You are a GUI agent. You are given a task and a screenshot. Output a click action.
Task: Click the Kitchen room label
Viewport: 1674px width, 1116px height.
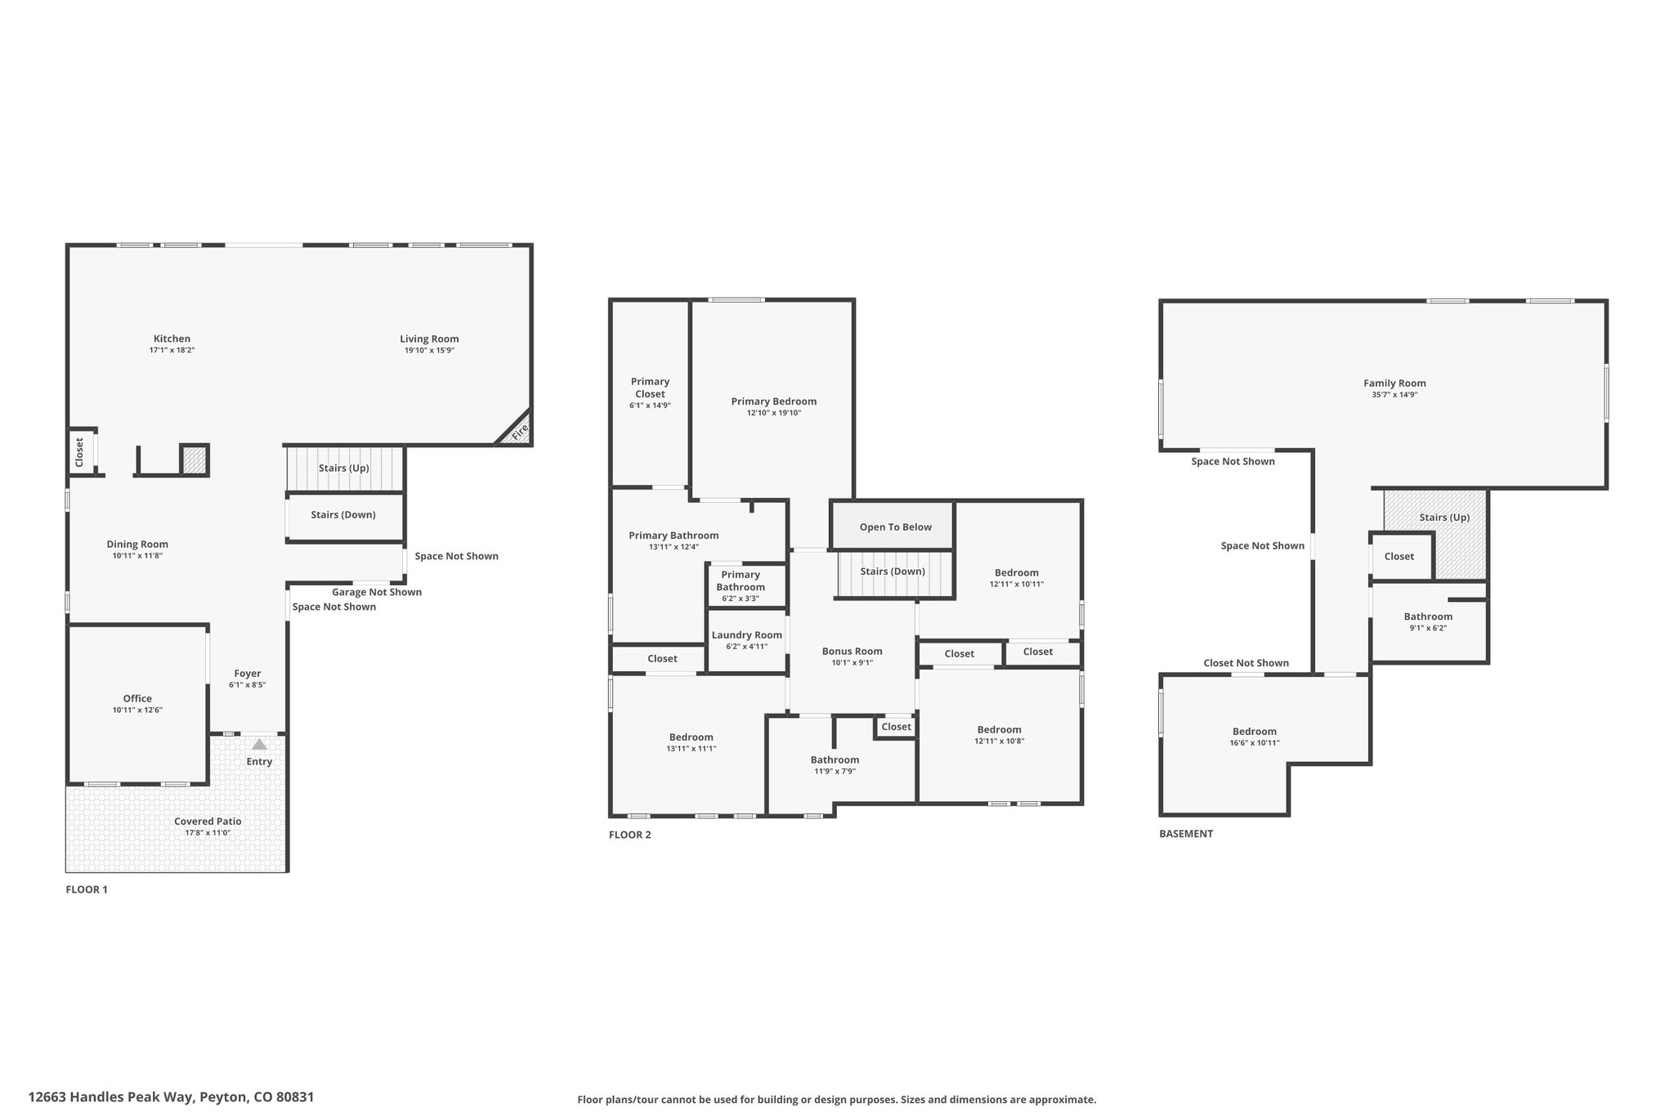(x=172, y=338)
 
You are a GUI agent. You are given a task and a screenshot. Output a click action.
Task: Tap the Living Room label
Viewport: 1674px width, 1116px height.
(x=429, y=338)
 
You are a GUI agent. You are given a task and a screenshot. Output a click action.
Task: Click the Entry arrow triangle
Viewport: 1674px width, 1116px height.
(x=259, y=744)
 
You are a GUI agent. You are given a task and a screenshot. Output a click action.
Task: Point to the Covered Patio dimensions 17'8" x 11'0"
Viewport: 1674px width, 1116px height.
(x=208, y=833)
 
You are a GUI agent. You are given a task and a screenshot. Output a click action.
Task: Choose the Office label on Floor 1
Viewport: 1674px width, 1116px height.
(x=137, y=698)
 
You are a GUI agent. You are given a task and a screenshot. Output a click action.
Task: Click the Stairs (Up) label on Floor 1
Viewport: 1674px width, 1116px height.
(x=344, y=468)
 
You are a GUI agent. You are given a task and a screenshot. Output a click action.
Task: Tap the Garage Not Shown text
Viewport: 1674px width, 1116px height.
(x=377, y=592)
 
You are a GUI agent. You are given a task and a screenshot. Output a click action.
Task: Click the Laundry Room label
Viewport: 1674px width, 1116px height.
(x=747, y=635)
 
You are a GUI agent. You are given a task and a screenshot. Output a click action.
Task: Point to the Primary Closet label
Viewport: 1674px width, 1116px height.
(x=650, y=388)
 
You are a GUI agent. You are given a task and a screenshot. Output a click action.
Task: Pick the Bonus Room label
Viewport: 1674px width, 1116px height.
(x=853, y=652)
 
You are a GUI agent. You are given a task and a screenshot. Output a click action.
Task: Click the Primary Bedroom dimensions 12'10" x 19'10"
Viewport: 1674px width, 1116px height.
(x=774, y=413)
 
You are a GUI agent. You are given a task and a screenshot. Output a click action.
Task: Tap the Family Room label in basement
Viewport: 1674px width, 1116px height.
(x=1394, y=383)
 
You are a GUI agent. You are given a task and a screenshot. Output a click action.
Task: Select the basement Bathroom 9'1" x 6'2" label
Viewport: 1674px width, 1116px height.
(x=1428, y=622)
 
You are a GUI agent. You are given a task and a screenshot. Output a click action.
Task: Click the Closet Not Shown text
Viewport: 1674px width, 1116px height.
(x=1246, y=663)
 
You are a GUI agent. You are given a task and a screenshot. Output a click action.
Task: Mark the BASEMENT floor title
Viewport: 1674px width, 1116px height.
(x=1186, y=834)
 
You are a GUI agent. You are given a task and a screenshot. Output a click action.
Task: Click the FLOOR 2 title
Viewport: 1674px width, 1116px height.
(x=630, y=835)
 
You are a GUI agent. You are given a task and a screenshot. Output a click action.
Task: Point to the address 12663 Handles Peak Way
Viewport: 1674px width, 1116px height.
(x=110, y=1097)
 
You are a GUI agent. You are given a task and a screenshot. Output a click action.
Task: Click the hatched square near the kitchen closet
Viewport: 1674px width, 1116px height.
(x=195, y=459)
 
